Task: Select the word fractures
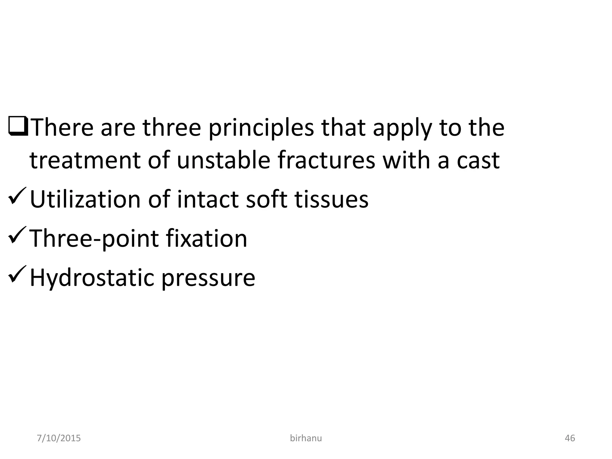(326, 160)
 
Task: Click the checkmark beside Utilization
(18, 196)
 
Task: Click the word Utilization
(85, 199)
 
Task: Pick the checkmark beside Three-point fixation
(18, 235)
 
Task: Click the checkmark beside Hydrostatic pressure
(18, 274)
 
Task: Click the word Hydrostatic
(91, 278)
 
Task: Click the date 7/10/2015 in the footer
(59, 438)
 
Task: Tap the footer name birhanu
(306, 438)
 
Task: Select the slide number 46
(570, 438)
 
